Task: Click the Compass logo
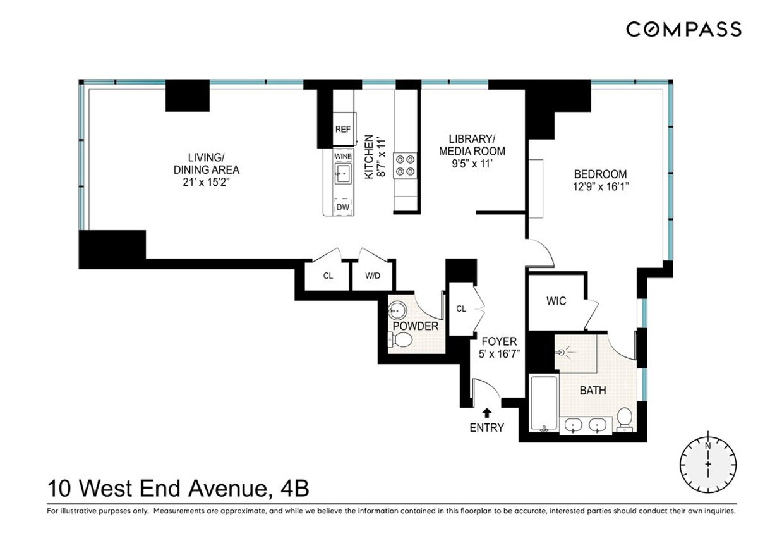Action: (x=683, y=29)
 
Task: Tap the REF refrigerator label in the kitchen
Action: (x=342, y=130)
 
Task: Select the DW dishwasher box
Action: (x=342, y=207)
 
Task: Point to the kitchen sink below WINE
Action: (x=343, y=173)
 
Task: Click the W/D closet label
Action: (x=371, y=276)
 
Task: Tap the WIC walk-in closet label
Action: (x=556, y=301)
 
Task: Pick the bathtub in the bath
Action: (x=543, y=405)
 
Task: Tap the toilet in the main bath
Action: (x=624, y=418)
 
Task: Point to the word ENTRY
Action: (x=486, y=428)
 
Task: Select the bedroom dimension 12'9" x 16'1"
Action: (x=600, y=187)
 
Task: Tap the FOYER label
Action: (x=498, y=341)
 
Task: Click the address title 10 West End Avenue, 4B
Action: (x=178, y=489)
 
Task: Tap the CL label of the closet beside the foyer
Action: (x=461, y=309)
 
